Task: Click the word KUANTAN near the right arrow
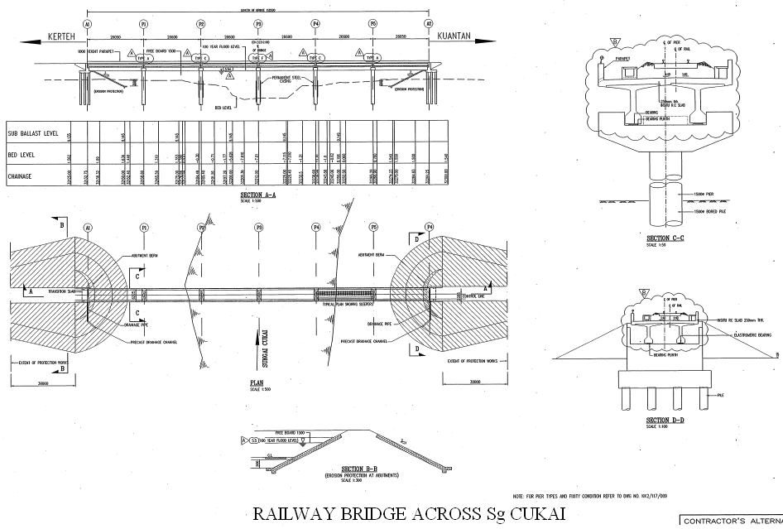[x=454, y=36]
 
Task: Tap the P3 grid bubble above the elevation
[x=258, y=24]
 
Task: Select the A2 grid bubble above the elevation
[x=429, y=24]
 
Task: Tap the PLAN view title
[x=257, y=383]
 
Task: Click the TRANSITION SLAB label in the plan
[x=62, y=291]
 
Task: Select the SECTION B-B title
[x=339, y=471]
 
